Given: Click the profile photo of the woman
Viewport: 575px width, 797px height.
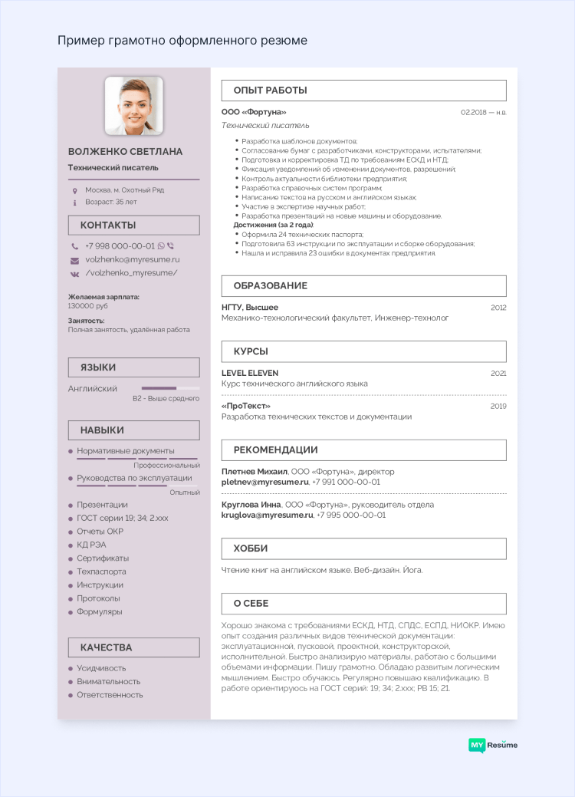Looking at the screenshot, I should pos(133,105).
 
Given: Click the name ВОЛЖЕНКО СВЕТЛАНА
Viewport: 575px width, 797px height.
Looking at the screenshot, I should pos(125,152).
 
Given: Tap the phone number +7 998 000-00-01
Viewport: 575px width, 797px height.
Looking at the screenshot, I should pos(120,246).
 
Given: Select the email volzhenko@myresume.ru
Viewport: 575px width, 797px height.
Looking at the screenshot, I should pos(132,259).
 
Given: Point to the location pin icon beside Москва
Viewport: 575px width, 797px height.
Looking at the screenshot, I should pos(74,190).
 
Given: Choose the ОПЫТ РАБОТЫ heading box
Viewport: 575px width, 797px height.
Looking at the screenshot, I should pos(363,91).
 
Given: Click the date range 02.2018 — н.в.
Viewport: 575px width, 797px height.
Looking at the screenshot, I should pos(483,113).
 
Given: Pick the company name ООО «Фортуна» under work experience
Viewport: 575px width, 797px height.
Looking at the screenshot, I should pos(254,112).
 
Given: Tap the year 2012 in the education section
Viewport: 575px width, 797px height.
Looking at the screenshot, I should pos(498,307).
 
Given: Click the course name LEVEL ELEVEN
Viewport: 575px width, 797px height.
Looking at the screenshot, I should pos(250,373).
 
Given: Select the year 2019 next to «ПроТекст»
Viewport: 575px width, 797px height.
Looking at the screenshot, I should pos(498,406).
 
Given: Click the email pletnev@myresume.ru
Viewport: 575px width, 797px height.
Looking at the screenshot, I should pos(264,482).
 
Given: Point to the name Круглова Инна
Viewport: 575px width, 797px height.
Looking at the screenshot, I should pos(251,505).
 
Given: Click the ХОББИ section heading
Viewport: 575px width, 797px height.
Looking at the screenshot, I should pos(363,548).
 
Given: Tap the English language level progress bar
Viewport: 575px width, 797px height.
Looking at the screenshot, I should pos(170,388).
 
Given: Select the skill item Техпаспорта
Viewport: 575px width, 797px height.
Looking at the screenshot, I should pos(101,571).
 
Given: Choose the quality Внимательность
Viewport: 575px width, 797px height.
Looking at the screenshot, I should pos(108,681).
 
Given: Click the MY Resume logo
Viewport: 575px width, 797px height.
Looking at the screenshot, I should pos(493,745).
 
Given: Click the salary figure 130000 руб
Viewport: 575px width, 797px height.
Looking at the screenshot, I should pos(88,305).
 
